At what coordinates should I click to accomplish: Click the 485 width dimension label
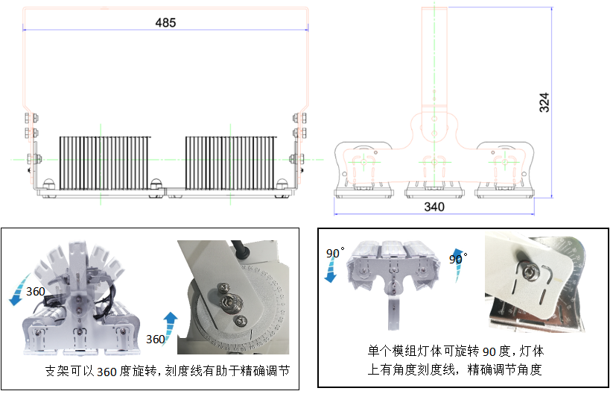tap(165, 22)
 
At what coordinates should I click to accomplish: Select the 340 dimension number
tap(435, 207)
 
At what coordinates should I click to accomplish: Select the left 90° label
tap(333, 254)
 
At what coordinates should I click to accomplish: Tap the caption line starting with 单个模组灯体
tap(455, 351)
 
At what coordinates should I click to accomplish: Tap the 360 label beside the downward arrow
tap(36, 290)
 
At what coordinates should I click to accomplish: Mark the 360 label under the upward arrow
tap(155, 340)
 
